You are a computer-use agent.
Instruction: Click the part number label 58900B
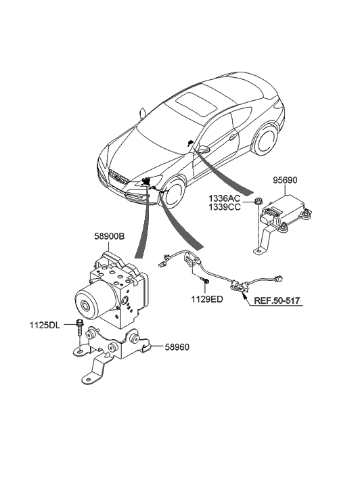[x=109, y=236]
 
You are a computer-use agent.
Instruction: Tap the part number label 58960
[x=177, y=347]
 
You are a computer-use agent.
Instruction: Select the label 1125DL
[x=45, y=326]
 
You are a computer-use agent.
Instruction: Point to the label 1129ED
[x=207, y=299]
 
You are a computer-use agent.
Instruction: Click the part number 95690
[x=285, y=181]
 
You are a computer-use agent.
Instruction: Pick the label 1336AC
[x=225, y=198]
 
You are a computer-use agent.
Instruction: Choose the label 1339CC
[x=225, y=207]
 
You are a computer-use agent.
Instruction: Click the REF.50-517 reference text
[x=277, y=300]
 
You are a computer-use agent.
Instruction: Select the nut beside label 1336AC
[x=258, y=201]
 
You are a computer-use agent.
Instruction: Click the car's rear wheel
[x=265, y=139]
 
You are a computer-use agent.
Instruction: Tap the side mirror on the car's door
[x=204, y=149]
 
